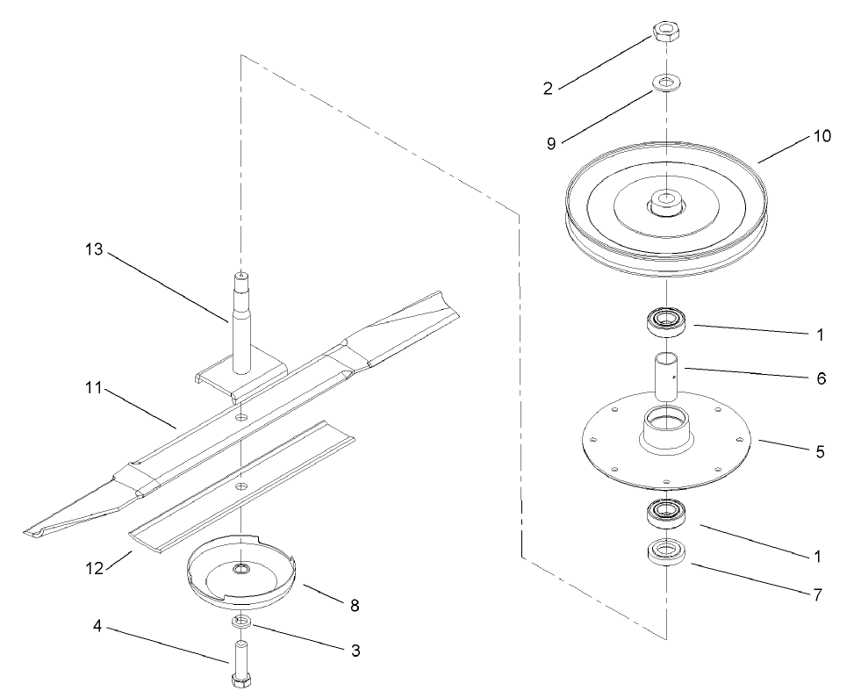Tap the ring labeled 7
(x=665, y=553)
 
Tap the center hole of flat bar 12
(x=240, y=485)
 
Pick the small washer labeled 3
(x=240, y=622)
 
